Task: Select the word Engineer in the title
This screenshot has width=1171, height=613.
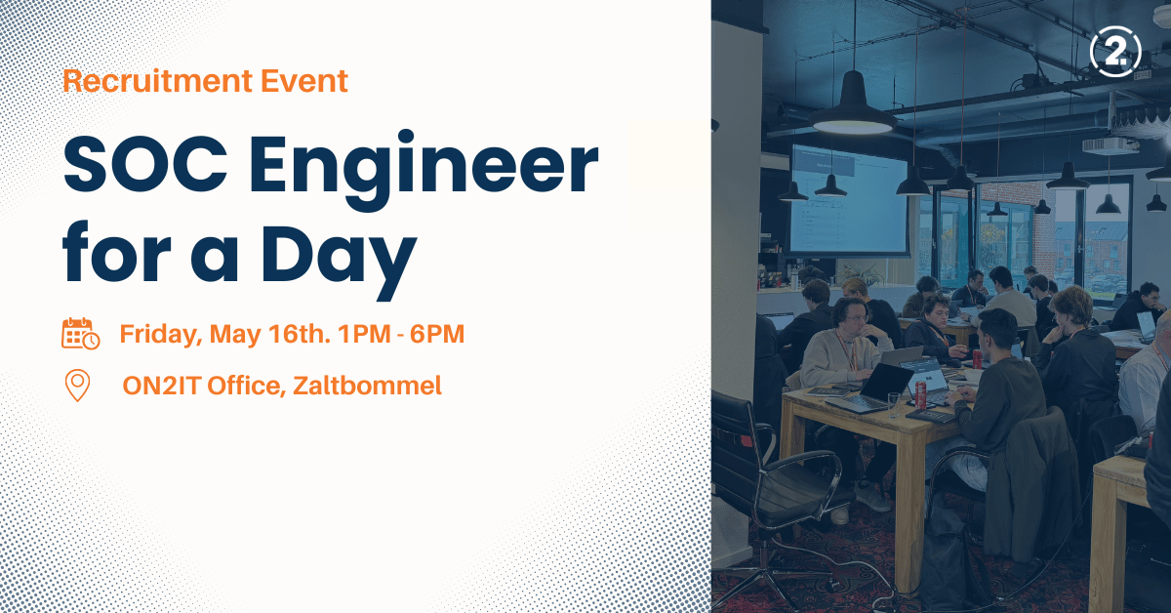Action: point(424,170)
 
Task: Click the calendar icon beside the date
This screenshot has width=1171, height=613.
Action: point(80,333)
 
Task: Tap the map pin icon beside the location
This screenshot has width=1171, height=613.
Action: point(77,386)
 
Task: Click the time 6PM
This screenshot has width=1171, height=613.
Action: point(437,334)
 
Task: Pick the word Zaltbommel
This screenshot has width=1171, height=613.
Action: point(367,386)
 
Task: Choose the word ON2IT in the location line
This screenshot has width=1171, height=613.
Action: point(162,386)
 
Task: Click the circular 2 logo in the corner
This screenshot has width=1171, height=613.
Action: point(1115,52)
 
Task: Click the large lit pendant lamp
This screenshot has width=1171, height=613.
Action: point(853,107)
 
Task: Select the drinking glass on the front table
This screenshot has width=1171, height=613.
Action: point(894,405)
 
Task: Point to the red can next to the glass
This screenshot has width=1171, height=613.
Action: point(920,393)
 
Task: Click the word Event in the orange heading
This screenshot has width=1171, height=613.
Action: point(304,81)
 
